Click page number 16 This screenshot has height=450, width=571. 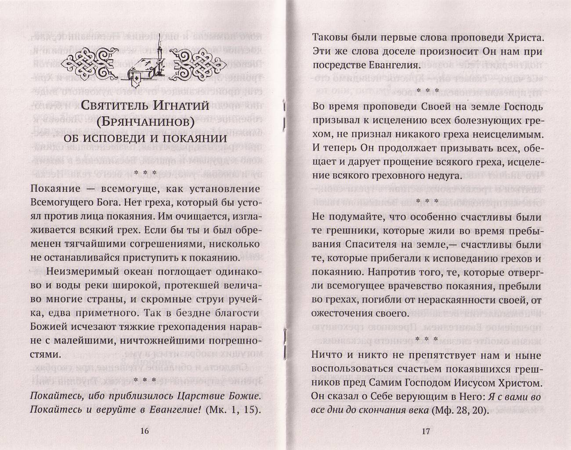[x=145, y=431]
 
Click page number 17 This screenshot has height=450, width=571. [x=424, y=431]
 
